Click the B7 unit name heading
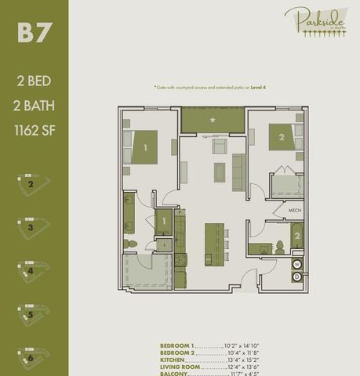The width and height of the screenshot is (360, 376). coord(34,34)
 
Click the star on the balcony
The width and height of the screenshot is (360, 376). coord(213,120)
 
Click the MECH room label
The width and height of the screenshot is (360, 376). coord(295,210)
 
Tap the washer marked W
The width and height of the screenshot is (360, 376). coord(297,264)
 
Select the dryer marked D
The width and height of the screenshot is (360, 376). coord(297,277)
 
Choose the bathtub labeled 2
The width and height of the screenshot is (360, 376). coord(297,236)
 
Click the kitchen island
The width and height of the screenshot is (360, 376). coord(213,244)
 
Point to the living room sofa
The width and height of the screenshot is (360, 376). coord(238,172)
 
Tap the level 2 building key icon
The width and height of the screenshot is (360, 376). coord(32,185)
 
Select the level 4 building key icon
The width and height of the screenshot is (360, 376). coord(32,270)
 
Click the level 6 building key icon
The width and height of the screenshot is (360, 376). coord(32,356)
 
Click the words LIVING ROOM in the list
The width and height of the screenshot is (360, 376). coord(180,366)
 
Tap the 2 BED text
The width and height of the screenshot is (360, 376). coord(34,80)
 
